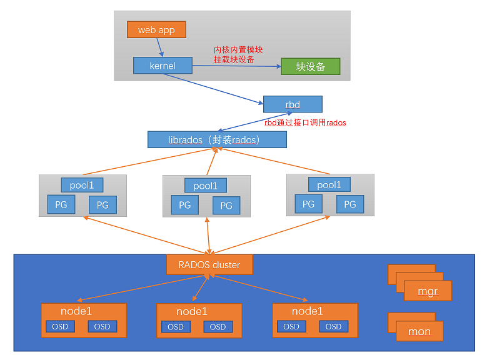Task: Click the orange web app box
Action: point(156,29)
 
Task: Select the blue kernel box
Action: point(163,66)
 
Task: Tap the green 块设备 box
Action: point(310,66)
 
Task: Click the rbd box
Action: point(293,104)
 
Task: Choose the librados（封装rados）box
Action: point(217,139)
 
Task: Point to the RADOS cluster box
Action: point(209,264)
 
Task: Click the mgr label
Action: point(428,291)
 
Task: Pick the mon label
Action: point(419,331)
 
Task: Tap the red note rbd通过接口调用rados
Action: point(305,122)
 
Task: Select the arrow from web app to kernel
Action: point(159,47)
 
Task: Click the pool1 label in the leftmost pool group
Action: point(82,185)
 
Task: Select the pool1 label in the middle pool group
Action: point(206,186)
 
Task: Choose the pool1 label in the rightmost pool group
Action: point(329,184)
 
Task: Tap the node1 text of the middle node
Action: point(191,311)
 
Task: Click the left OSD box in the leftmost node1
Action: point(60,326)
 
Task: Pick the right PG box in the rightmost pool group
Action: point(350,204)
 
